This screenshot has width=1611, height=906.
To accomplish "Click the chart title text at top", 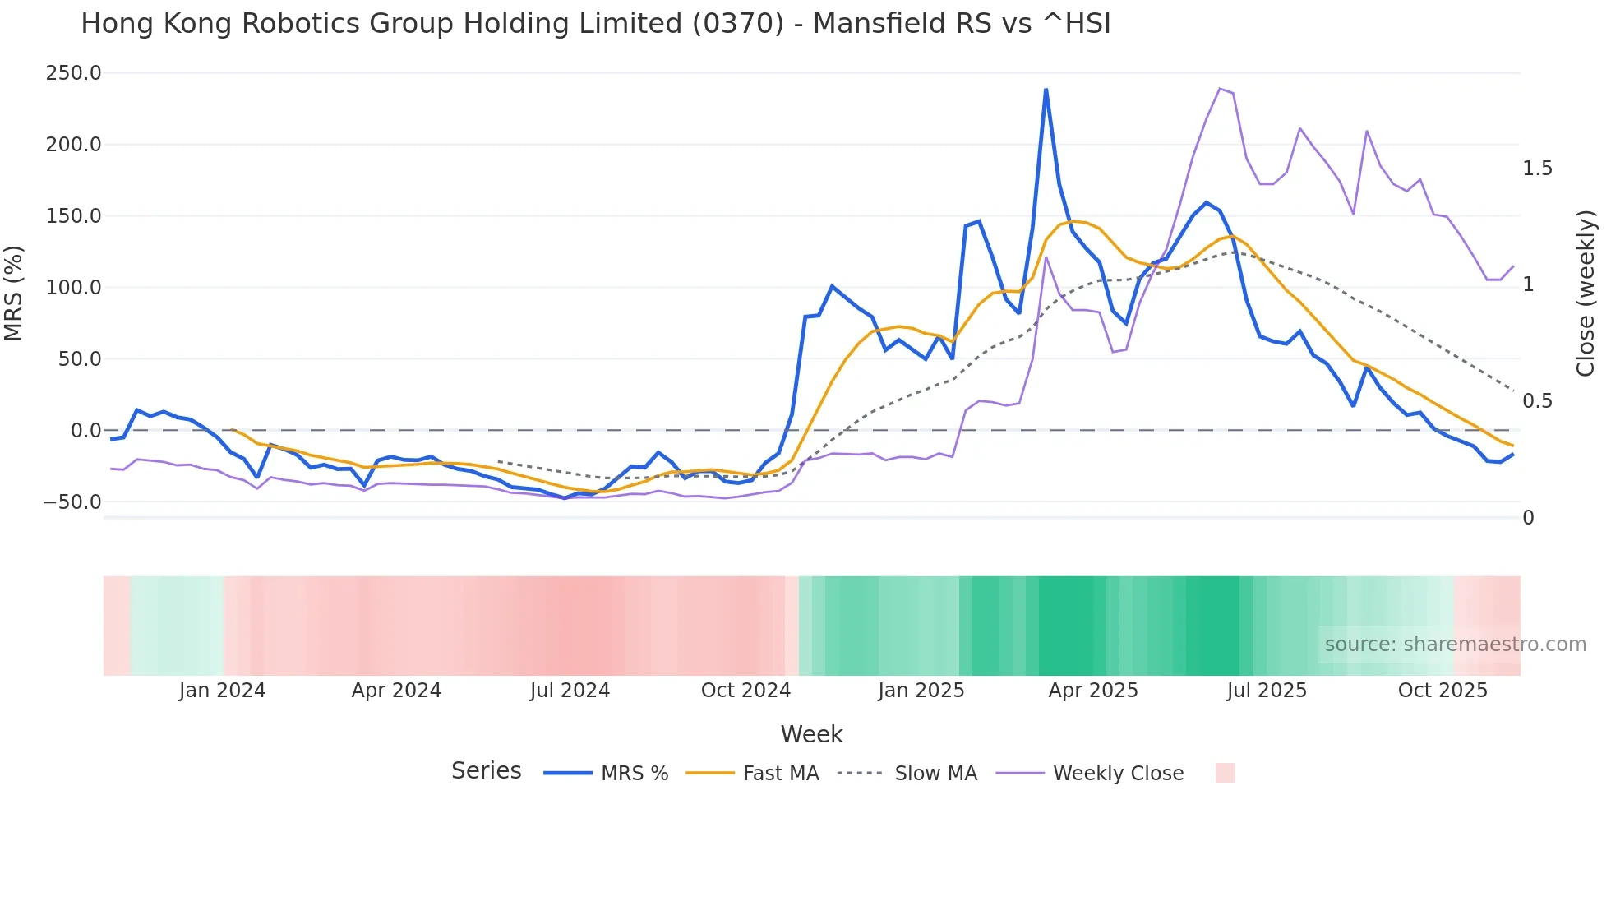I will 595,24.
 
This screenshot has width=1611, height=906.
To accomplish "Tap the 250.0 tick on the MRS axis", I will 73,73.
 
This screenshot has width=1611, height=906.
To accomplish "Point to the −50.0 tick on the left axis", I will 73,502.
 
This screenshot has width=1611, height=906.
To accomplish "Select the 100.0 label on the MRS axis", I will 73,288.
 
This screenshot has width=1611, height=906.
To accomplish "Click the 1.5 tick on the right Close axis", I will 1537,169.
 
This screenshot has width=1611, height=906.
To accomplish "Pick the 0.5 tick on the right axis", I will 1537,401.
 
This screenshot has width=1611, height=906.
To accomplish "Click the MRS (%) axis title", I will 14,293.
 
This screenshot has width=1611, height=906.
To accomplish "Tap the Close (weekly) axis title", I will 1586,294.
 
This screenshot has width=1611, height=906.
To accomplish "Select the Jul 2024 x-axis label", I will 570,691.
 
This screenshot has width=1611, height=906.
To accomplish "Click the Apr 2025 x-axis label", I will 1092,691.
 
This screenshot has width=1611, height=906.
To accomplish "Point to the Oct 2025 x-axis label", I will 1443,691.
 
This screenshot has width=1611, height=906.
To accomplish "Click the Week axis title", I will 811,734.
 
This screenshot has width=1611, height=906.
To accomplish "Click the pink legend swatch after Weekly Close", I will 1225,773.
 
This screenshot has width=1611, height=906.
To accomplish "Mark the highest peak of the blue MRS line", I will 1046,90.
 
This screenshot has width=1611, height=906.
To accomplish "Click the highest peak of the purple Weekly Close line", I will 1220,89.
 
